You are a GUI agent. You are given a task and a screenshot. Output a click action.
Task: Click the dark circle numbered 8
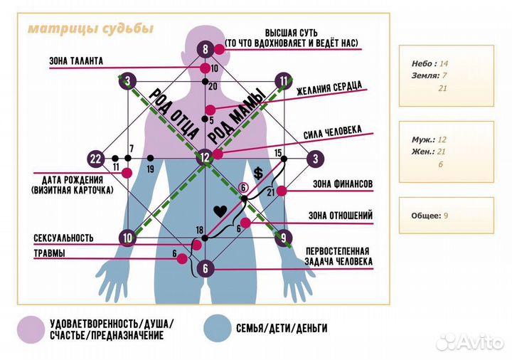[x=205, y=49]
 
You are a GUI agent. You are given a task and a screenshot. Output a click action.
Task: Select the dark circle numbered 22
[x=96, y=159]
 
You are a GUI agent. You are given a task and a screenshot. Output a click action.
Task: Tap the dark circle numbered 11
[x=284, y=81]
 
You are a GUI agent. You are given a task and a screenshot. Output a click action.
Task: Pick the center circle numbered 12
[x=205, y=158]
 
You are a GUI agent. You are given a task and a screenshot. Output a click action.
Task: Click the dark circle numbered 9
[x=284, y=238]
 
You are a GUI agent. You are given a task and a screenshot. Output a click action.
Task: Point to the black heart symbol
[x=220, y=212]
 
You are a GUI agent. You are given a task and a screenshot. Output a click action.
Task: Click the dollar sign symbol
[x=258, y=174]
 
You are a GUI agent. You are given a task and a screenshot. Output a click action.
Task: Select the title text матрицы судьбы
[x=90, y=28]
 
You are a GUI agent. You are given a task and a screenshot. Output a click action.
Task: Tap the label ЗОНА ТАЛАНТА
[x=76, y=61]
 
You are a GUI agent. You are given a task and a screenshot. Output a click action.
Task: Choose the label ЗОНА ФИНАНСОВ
[x=343, y=184]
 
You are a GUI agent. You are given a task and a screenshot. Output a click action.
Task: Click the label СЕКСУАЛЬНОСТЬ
[x=63, y=238]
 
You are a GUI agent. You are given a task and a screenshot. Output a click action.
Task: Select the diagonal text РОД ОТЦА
[x=174, y=114]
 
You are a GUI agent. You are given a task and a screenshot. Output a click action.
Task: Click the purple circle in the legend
[x=31, y=329]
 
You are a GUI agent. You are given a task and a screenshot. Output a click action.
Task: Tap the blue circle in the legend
[x=217, y=328]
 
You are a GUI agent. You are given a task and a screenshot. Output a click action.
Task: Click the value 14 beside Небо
[x=444, y=63]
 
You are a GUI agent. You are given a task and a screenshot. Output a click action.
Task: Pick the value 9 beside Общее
[x=446, y=216]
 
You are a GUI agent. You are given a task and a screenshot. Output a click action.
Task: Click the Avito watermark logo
[x=469, y=342]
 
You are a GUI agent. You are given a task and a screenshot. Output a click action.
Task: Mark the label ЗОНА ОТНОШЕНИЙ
[x=341, y=216]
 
